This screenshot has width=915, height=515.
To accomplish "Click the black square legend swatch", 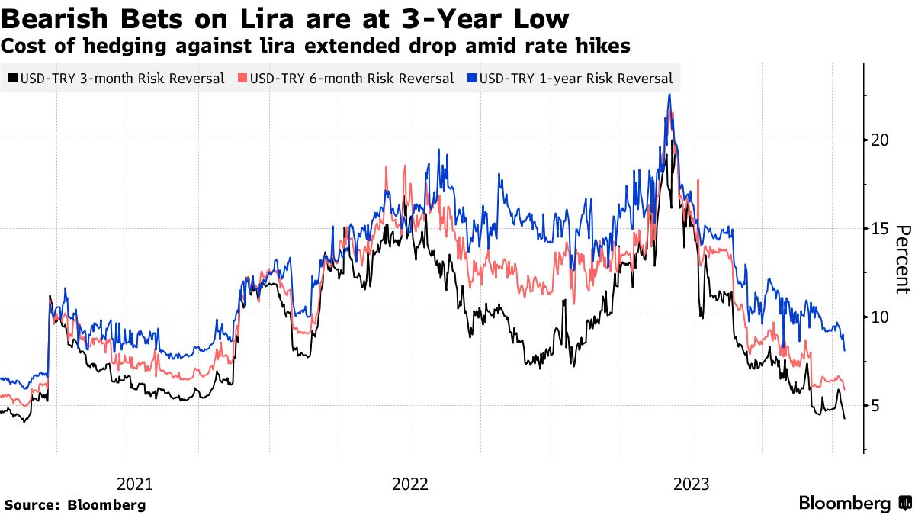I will tap(14, 78).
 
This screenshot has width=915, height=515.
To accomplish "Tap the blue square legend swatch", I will tap(472, 78).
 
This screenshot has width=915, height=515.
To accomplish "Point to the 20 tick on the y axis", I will tap(878, 140).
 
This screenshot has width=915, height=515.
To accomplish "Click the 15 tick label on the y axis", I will tap(878, 229).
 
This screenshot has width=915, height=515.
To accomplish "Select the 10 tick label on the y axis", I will tap(878, 317).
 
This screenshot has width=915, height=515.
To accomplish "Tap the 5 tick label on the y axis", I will tap(875, 405).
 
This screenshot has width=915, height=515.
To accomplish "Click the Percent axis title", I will tap(903, 259).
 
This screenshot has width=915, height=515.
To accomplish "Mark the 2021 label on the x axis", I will tap(136, 484).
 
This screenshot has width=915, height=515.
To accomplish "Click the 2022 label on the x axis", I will tap(409, 484).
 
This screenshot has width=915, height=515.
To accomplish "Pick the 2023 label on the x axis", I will tap(692, 484).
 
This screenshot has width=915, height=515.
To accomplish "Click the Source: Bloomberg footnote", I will tap(75, 504).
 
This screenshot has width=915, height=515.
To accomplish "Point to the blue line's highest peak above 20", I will tap(669, 95).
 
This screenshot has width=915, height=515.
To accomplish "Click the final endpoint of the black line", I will tap(844, 418).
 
